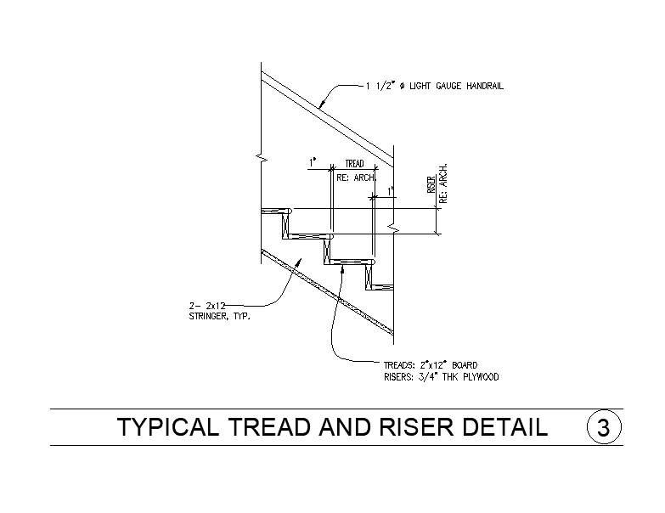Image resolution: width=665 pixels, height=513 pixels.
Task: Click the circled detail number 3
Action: [x=604, y=427]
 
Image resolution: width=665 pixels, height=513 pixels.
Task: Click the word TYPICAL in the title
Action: [x=168, y=427]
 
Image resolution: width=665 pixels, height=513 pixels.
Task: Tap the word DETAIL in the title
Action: [x=504, y=427]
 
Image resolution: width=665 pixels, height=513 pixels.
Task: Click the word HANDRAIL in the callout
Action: [x=485, y=86]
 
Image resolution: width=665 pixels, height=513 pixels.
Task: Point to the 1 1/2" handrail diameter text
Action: [x=380, y=86]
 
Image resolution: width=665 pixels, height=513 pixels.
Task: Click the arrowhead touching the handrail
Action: [x=322, y=103]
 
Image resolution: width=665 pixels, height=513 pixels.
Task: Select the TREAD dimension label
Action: [x=354, y=164]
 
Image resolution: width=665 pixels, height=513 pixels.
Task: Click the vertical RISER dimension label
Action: [x=431, y=184]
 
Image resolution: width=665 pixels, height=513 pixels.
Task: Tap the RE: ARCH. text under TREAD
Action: [x=356, y=178]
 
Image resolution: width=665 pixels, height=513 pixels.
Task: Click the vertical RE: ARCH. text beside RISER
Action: [x=443, y=183]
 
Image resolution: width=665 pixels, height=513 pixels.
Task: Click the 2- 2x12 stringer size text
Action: [x=207, y=306]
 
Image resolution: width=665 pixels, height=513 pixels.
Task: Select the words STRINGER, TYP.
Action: [x=220, y=316]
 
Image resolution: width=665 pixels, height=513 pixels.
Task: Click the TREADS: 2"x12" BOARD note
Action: [x=431, y=365]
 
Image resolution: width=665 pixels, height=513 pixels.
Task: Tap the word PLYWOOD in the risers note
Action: [x=481, y=377]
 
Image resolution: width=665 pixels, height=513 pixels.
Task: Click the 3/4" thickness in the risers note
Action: [x=429, y=377]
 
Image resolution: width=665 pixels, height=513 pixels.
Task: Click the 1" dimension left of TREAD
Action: [x=313, y=162]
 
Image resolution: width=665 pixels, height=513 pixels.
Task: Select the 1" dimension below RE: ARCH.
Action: [x=391, y=191]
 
